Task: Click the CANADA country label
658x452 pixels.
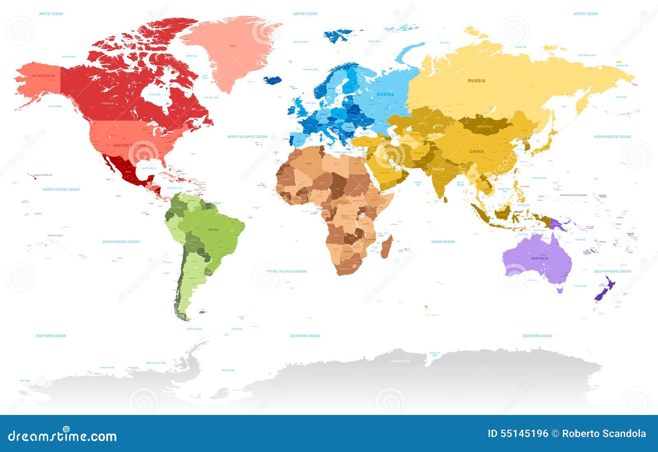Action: click(107, 103)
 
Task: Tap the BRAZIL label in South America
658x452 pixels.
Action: click(214, 229)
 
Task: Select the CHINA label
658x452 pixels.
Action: click(477, 151)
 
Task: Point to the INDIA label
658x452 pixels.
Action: click(438, 169)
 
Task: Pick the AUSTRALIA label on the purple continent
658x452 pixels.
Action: click(540, 259)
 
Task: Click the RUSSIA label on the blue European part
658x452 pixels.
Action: click(385, 94)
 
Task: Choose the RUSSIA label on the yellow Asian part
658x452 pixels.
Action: click(477, 81)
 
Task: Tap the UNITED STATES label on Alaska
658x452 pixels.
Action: click(44, 76)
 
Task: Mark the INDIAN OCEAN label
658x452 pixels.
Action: click(443, 242)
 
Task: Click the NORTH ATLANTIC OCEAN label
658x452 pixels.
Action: click(248, 137)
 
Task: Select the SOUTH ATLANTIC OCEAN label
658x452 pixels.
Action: click(286, 271)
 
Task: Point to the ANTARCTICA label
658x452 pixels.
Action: click(400, 361)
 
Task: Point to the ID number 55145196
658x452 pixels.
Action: click(518, 433)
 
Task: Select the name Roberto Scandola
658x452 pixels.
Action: click(604, 433)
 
